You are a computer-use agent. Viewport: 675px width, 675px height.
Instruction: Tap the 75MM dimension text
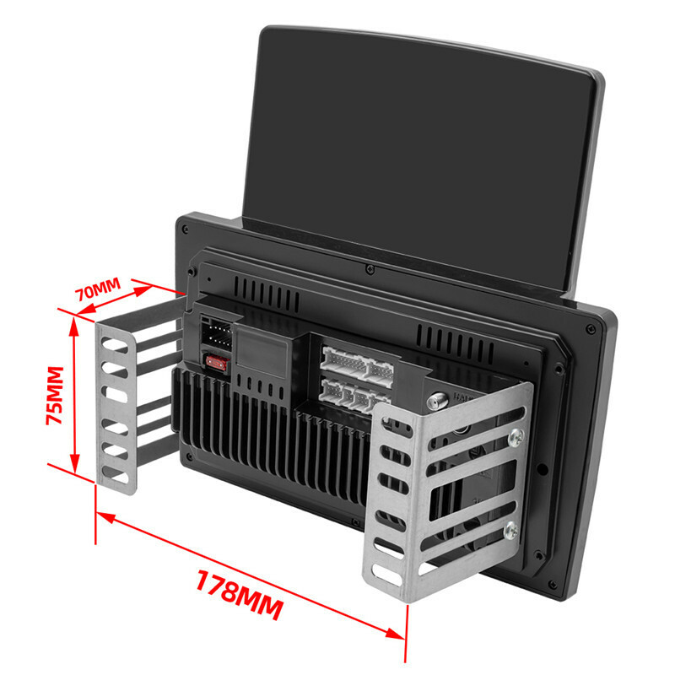[x=55, y=395]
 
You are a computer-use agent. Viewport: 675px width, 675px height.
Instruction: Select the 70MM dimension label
[x=98, y=289]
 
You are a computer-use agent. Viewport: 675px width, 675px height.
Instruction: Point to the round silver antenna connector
[x=437, y=402]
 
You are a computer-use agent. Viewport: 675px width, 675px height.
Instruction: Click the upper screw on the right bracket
[x=516, y=438]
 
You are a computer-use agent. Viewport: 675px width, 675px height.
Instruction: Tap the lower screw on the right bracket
[x=511, y=530]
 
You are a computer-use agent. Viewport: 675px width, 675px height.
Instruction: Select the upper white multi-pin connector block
[x=357, y=363]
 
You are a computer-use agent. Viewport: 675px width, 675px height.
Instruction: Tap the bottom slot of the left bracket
[x=116, y=475]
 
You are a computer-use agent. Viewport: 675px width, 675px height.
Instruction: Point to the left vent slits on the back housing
[x=267, y=294]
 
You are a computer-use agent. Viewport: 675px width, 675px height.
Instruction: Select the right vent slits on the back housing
[x=455, y=344]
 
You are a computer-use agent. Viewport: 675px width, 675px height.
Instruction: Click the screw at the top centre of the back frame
[x=370, y=269]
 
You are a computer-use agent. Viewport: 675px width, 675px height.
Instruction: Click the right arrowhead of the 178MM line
[x=395, y=634]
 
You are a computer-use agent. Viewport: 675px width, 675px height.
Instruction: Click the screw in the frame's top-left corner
[x=185, y=229]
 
